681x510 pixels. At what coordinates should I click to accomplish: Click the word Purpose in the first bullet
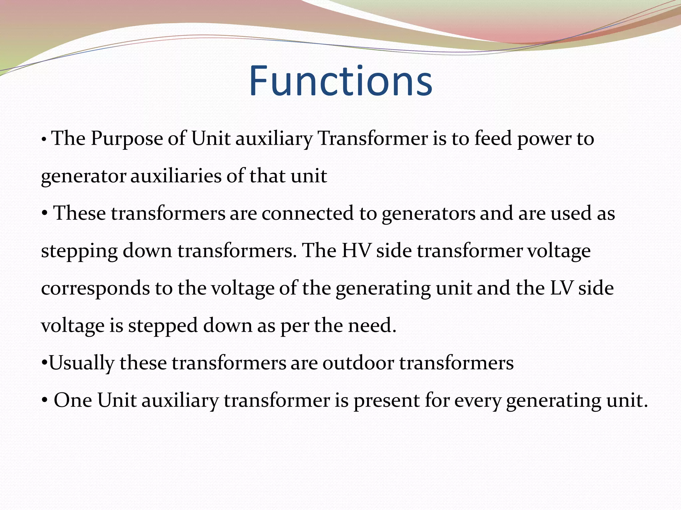click(x=126, y=139)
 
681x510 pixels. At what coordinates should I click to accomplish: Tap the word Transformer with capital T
click(x=372, y=139)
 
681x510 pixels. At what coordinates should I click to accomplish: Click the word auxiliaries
click(x=176, y=176)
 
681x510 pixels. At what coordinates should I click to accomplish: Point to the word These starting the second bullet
click(x=80, y=213)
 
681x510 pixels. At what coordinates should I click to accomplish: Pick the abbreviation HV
click(x=356, y=251)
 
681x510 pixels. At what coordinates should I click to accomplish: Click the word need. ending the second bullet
click(x=372, y=326)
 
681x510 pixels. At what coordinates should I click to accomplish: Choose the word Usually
click(x=81, y=363)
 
